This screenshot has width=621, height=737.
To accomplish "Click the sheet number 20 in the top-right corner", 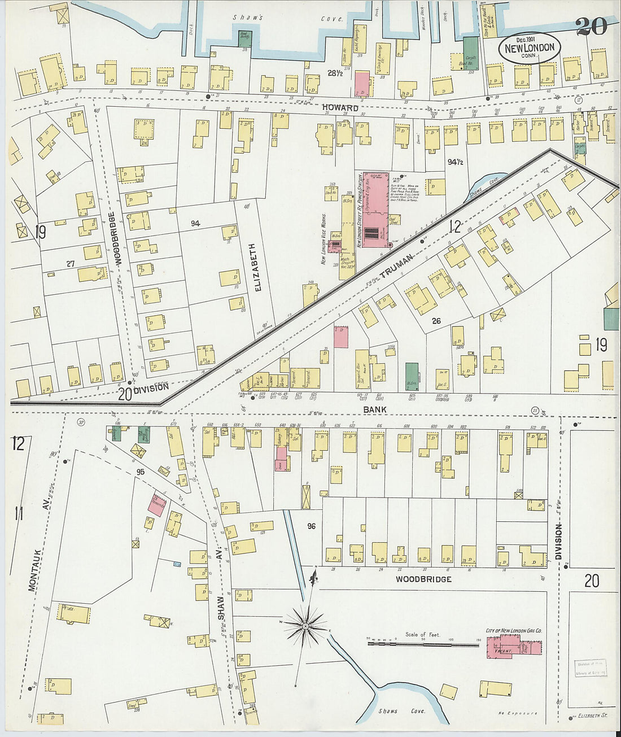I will [x=592, y=26].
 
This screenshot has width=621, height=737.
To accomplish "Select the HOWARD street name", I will [x=340, y=107].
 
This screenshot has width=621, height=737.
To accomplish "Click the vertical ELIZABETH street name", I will [x=258, y=267].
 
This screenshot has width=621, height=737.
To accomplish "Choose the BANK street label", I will [x=374, y=408].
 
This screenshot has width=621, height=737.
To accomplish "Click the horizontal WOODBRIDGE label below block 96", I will [x=423, y=579].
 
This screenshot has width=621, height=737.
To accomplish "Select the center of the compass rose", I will [x=305, y=626].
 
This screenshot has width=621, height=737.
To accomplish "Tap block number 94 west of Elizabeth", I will [x=195, y=224].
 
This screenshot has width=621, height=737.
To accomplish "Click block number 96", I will [x=311, y=526].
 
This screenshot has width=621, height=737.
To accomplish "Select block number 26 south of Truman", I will [x=436, y=321].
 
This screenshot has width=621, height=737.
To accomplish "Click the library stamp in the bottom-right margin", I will [x=591, y=668].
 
